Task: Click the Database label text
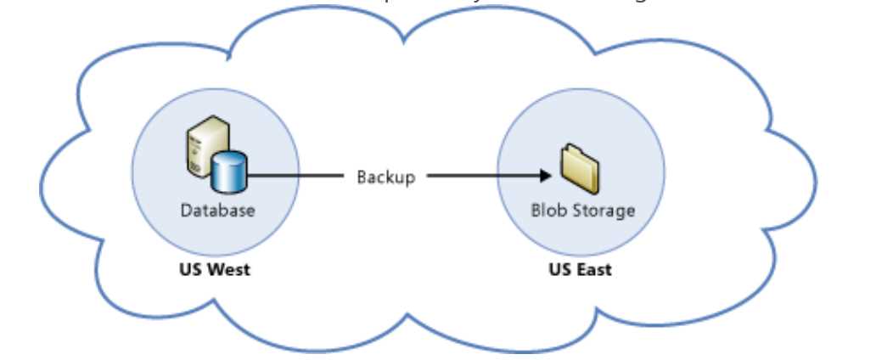coord(216,210)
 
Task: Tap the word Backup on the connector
coord(385,177)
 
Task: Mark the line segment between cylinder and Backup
coord(297,177)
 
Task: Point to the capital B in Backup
coord(362,177)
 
